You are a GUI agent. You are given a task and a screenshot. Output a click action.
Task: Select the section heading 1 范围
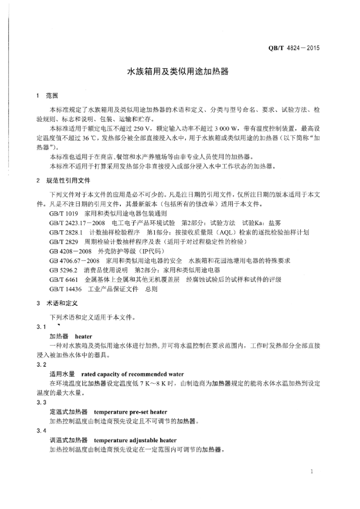click(48, 95)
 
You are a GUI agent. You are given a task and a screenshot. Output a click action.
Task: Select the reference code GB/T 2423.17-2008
click(81, 222)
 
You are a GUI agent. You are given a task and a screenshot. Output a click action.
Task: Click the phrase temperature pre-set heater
click(130, 412)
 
